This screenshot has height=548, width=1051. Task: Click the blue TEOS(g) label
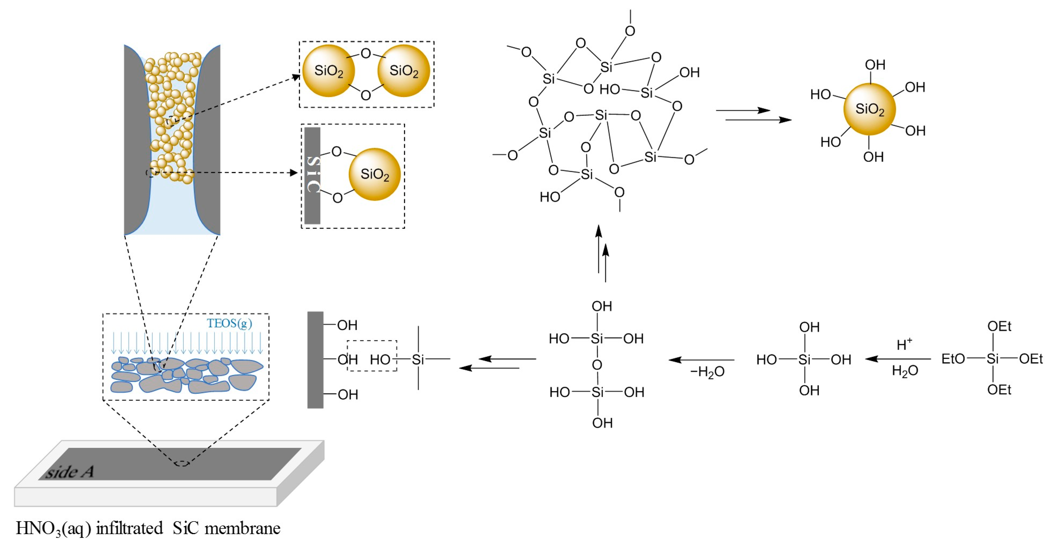(x=229, y=323)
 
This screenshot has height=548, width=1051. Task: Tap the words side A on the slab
(x=69, y=472)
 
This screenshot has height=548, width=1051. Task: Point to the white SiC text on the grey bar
(x=313, y=174)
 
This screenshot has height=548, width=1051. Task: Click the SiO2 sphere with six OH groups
(x=869, y=109)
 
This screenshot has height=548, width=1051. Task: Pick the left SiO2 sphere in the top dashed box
(x=329, y=71)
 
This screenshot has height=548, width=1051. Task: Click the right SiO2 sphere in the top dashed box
(x=404, y=71)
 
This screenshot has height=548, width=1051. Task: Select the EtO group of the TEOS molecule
(x=953, y=359)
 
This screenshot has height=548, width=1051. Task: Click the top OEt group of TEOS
(x=999, y=326)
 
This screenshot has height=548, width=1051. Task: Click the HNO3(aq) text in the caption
(x=53, y=528)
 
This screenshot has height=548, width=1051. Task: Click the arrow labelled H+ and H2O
(x=898, y=359)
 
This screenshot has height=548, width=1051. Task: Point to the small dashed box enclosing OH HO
(x=372, y=356)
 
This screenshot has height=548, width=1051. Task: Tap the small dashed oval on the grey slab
(x=182, y=463)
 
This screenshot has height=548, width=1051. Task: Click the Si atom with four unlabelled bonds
(x=418, y=359)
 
